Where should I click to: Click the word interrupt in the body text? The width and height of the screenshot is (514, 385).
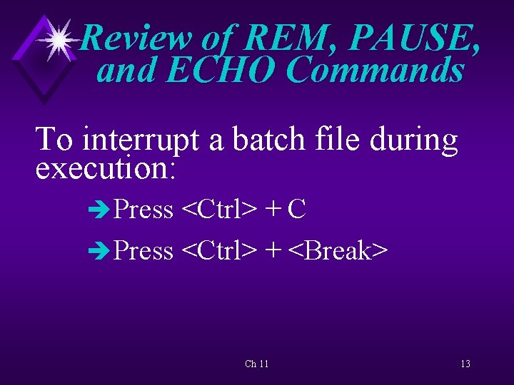[142, 140]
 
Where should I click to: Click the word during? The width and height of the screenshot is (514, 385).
[414, 140]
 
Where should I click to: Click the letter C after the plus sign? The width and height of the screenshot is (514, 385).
[298, 210]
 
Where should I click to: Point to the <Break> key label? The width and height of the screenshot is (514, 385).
[338, 250]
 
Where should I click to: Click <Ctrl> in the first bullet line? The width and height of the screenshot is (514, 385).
[219, 210]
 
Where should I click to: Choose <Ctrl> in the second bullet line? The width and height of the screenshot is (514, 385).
[219, 250]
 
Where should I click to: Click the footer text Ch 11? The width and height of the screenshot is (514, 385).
[257, 364]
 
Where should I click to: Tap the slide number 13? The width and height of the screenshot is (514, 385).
[465, 364]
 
